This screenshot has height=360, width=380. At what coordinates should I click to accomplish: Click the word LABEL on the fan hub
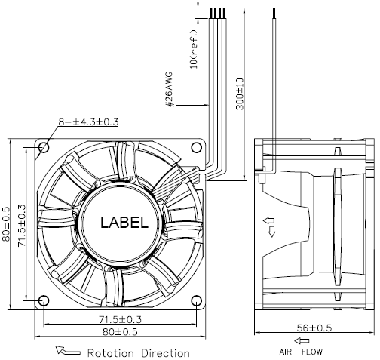(124, 223)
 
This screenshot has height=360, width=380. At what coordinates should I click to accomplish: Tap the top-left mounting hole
(44, 147)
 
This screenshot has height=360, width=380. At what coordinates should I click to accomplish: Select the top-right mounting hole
(197, 147)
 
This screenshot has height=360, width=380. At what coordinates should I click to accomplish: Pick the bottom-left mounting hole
(44, 300)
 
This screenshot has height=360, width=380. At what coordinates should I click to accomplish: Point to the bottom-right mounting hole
(197, 300)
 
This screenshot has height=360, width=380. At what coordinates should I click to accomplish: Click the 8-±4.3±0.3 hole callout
(88, 122)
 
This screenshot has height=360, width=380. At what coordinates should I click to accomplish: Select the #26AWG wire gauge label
(170, 89)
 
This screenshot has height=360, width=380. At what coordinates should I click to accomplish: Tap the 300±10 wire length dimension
(240, 94)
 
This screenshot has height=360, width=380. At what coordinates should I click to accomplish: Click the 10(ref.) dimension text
(194, 49)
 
